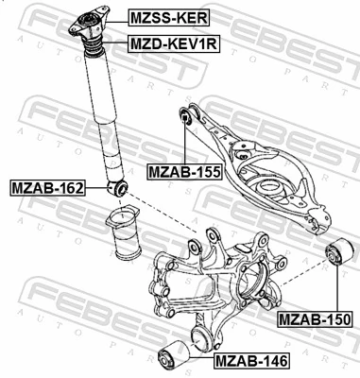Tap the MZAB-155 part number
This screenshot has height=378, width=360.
(x=185, y=172)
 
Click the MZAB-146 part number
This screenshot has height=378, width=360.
(x=251, y=360)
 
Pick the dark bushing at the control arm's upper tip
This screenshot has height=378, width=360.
(x=187, y=116)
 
